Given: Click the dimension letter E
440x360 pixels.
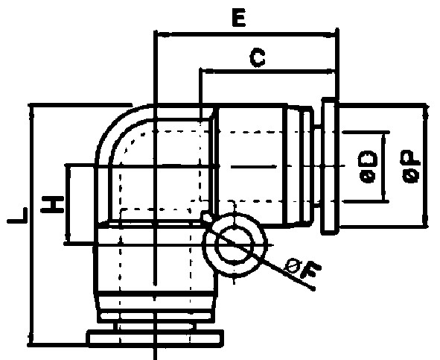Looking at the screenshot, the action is click(239, 17).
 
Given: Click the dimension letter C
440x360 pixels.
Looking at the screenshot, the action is click(258, 58).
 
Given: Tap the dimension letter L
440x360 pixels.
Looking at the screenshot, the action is click(17, 216).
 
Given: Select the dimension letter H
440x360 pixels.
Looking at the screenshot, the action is click(53, 205).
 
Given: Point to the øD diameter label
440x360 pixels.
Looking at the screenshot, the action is click(368, 167).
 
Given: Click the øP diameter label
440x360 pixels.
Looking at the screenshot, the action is click(412, 167).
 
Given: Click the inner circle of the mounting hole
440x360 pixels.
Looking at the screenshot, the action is click(235, 245).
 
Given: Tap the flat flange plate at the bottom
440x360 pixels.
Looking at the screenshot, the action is click(155, 337).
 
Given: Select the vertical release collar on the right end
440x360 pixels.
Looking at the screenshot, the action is click(329, 166).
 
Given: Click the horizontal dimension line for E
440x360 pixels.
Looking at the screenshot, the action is click(246, 34).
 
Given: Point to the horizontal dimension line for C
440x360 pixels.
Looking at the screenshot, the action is click(267, 71).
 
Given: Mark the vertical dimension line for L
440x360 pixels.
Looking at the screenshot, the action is click(32, 224).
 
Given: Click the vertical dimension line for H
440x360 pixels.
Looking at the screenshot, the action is click(68, 204).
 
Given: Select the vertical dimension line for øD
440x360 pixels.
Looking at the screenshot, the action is click(383, 167).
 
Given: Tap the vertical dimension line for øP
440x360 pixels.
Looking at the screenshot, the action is click(425, 165).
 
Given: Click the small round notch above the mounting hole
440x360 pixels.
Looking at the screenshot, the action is click(206, 216).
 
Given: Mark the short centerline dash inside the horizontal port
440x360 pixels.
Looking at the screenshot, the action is click(254, 167).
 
